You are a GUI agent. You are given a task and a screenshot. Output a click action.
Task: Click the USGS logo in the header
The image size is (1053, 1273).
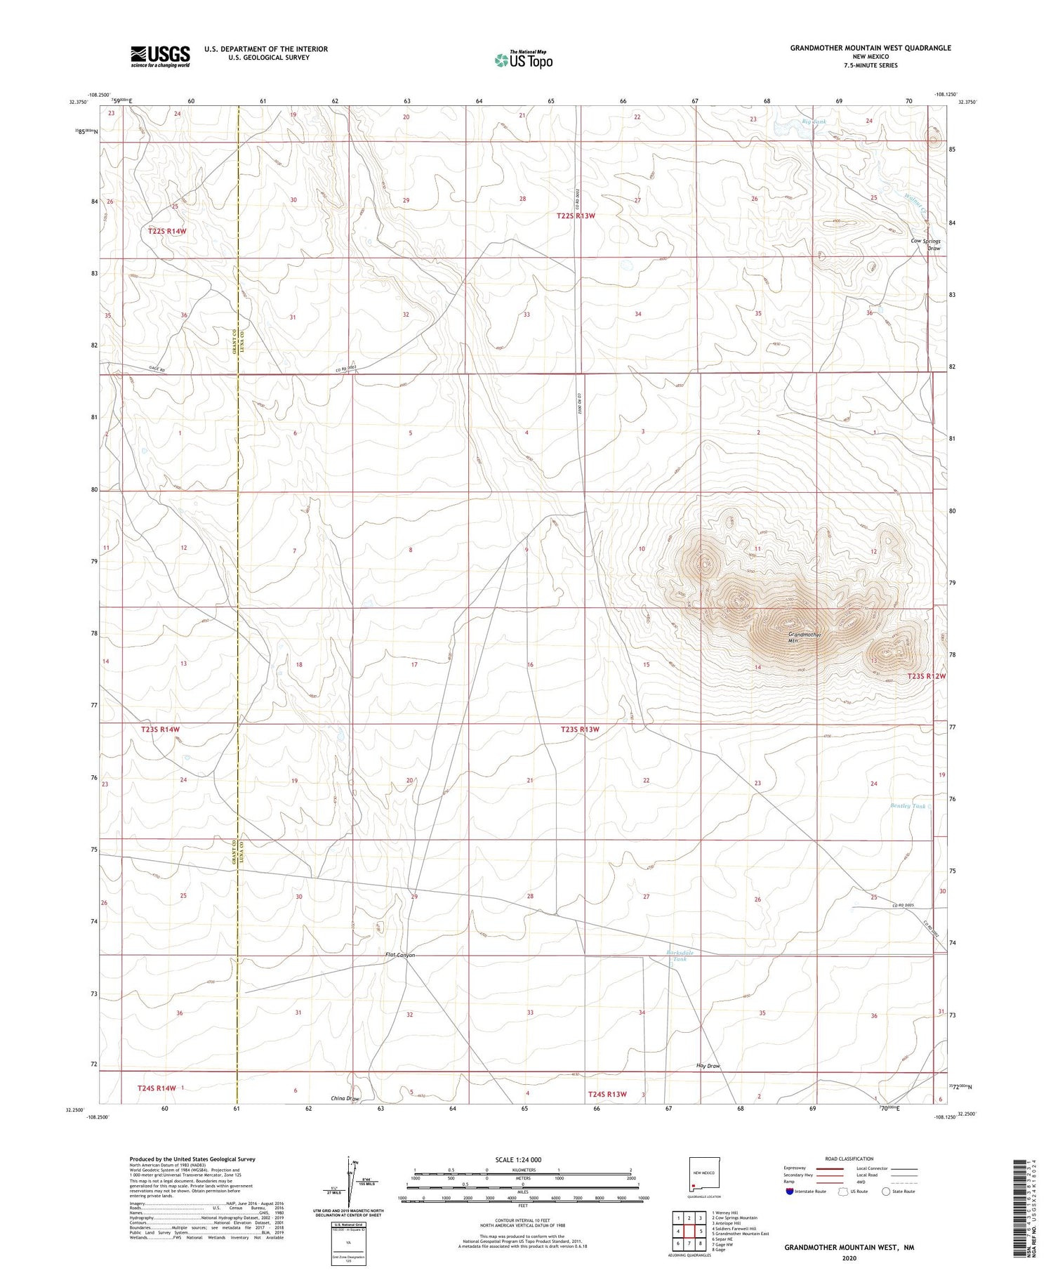(x=160, y=56)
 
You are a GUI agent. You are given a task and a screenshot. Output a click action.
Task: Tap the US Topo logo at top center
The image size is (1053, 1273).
(x=524, y=60)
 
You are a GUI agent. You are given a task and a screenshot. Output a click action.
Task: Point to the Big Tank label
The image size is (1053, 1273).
(x=814, y=122)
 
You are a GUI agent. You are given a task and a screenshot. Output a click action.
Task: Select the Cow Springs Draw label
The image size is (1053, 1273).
(x=925, y=244)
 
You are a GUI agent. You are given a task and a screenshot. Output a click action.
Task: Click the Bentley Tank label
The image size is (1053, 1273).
(x=908, y=806)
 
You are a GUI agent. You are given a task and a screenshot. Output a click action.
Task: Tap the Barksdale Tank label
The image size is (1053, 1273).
(x=680, y=956)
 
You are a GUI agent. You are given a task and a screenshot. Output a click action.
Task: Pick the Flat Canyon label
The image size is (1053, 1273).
(x=400, y=955)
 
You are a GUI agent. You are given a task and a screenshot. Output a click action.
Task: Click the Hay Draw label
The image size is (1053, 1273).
(x=708, y=1066)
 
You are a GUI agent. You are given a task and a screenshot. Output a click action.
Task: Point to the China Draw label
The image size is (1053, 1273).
(x=345, y=1098)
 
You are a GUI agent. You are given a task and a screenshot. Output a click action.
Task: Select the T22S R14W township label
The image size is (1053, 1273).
(x=167, y=231)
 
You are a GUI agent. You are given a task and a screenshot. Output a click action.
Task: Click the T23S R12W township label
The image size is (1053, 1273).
(x=926, y=676)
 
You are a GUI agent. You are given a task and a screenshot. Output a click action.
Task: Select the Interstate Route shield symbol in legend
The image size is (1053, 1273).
(x=789, y=1191)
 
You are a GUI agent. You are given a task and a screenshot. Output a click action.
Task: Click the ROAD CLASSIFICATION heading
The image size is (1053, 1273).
(x=849, y=1159)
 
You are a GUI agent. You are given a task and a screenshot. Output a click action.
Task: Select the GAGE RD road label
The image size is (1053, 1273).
(x=157, y=369)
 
